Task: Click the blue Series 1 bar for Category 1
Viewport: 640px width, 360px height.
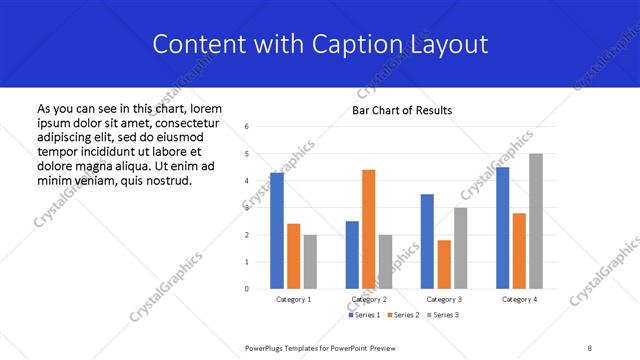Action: [x=277, y=231]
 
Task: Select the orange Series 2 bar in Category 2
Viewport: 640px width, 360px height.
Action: [x=369, y=229]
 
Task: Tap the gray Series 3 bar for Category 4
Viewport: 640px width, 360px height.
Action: [x=536, y=221]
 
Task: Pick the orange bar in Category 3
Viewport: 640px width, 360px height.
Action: [x=444, y=264]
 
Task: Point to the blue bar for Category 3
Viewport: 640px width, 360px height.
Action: [x=427, y=241]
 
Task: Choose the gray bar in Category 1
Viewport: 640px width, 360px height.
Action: [x=311, y=261]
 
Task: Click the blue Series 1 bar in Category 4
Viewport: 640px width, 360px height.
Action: [x=502, y=228]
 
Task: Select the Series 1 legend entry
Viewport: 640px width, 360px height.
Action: [x=362, y=315]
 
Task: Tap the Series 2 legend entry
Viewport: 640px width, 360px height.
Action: [x=400, y=315]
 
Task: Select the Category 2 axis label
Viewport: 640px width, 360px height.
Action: [x=369, y=299]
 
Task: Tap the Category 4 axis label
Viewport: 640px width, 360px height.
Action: [x=519, y=299]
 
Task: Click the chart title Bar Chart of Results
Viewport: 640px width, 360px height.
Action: [x=401, y=110]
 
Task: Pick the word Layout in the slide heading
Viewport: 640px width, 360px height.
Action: [x=449, y=45]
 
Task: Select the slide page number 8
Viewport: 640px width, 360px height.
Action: [x=590, y=347]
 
